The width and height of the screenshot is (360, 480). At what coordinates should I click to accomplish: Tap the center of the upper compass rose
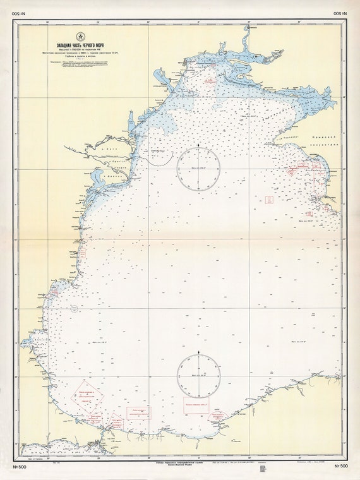198,169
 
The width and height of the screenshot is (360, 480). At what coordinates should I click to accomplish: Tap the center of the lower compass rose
198,375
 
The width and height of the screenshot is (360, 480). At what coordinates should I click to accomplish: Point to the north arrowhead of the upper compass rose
198,147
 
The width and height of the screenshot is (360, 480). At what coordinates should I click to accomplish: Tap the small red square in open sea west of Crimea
268,200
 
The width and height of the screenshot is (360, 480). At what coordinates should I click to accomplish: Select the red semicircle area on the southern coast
216,418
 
